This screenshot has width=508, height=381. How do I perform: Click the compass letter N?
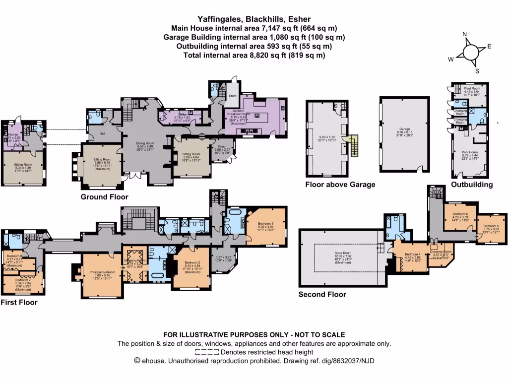point(465,34)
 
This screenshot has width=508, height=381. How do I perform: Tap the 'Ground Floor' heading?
point(105,197)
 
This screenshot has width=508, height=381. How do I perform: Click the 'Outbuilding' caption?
point(472,185)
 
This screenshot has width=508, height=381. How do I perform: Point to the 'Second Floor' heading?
point(322,294)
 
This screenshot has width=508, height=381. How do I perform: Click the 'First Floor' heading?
point(19,302)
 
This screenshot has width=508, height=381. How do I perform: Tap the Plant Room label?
point(472,88)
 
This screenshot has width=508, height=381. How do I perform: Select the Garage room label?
point(404,130)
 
